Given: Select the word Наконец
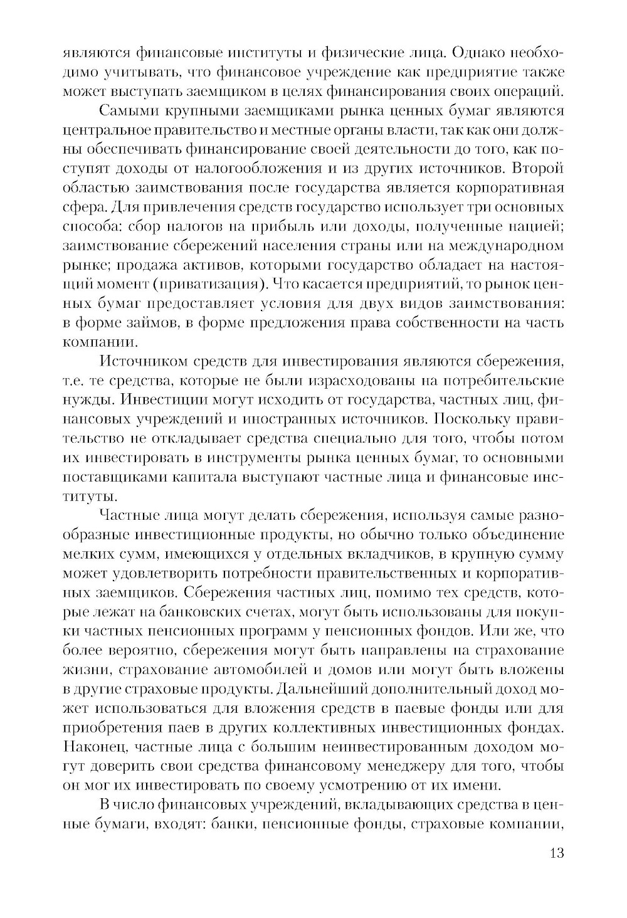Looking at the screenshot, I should tap(94, 747).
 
